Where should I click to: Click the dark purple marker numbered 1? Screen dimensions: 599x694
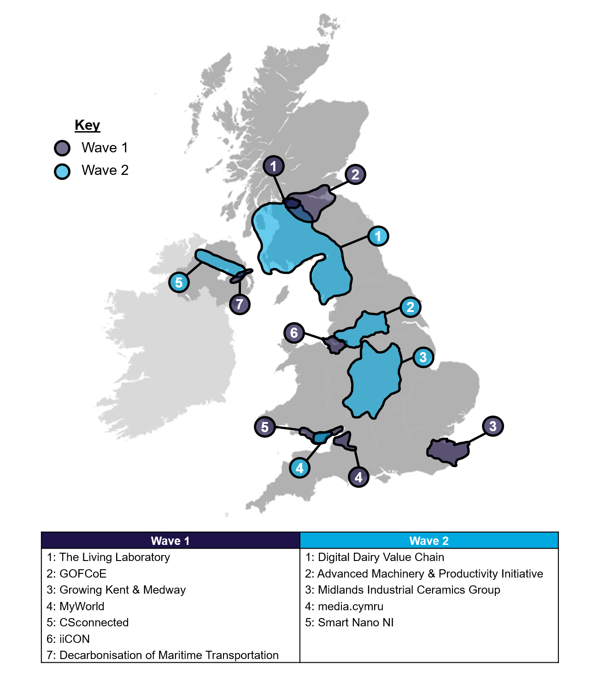coord(274,166)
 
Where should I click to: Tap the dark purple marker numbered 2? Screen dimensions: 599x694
coord(355,174)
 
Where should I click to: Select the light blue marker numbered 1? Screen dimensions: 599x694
coord(378,236)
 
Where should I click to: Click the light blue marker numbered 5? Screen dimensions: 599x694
coord(179,282)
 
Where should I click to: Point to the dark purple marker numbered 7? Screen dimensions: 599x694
coord(240,304)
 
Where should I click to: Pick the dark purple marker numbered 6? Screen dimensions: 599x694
coord(294,333)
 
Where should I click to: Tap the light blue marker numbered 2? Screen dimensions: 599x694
coord(411,307)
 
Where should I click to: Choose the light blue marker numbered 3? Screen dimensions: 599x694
coord(423,357)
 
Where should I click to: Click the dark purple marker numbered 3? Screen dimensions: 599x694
coord(493,426)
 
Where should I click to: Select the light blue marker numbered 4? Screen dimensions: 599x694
coord(299,468)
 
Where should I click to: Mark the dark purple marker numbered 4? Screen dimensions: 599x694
coord(358,477)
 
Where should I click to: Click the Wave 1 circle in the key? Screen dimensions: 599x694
coord(62,148)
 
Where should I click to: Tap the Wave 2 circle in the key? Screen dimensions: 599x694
coord(62,171)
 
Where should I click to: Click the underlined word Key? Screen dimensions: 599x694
coord(87,125)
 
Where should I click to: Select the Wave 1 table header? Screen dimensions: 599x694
coord(170,540)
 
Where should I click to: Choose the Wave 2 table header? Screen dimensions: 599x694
coord(429,540)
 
